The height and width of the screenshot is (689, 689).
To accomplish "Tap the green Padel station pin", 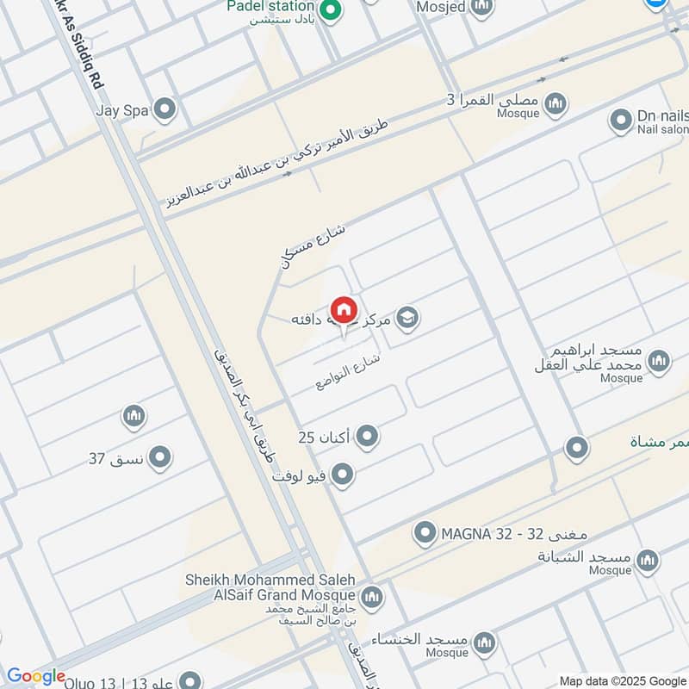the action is coord(329,11).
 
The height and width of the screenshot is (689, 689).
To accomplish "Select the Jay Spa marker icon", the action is coord(164,109).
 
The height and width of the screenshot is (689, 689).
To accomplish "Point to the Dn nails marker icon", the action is coord(621,121).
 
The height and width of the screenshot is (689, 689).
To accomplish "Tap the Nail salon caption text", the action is coord(662,130).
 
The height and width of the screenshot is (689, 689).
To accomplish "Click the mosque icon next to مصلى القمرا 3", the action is coord(556,103).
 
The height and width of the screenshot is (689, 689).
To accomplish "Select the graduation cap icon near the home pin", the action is coord(408,319).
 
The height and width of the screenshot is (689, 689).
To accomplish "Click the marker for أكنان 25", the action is coord(368,437).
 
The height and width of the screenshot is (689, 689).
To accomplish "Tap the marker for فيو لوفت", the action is coord(343,475).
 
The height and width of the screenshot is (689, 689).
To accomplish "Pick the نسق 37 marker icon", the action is coord(159,458).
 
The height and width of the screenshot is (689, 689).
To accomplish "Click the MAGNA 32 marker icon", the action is coord(424,534).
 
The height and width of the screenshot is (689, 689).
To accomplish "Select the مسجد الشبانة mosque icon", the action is coord(648,562).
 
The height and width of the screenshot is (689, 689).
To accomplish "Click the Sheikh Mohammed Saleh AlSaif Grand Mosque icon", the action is coord(372,596).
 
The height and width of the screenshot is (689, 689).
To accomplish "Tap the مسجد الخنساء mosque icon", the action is coord(485,642).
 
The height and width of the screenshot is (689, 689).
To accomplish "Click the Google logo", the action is coord(36,677).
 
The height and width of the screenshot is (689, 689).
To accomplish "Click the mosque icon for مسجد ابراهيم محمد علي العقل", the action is coord(659,360).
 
